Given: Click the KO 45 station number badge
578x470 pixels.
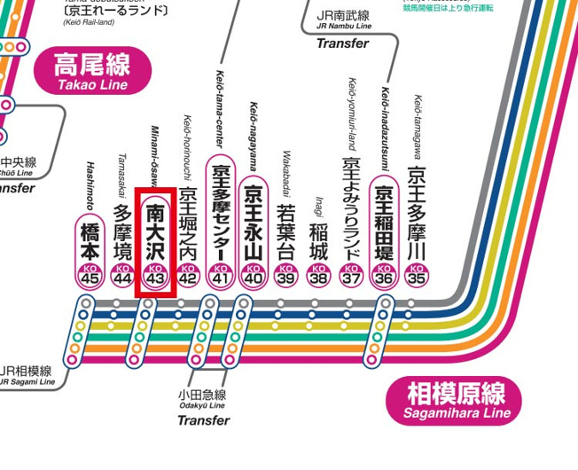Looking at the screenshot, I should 90,276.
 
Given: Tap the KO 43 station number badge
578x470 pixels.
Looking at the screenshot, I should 155,276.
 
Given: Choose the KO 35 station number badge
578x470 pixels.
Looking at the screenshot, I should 416,276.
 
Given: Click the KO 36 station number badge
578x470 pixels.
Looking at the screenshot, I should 384,276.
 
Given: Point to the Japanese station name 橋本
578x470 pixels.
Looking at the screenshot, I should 90,239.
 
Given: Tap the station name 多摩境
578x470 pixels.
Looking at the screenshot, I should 123,232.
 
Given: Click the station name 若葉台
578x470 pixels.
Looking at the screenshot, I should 285,232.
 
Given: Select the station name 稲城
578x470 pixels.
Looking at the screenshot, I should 318,240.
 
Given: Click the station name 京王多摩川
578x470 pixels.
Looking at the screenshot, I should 416,212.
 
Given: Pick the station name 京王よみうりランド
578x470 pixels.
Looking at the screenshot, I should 351,209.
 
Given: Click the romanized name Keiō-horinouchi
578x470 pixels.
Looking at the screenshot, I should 188,147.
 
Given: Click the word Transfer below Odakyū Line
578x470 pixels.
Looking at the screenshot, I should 203,420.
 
